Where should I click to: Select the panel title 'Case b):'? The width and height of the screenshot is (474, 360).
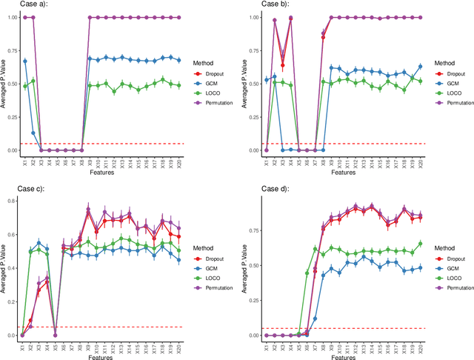pyautogui.click(x=256, y=5)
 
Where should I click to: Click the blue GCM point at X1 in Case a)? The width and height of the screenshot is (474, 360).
pyautogui.click(x=24, y=61)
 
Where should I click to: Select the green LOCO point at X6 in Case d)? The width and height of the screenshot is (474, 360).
pyautogui.click(x=307, y=273)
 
